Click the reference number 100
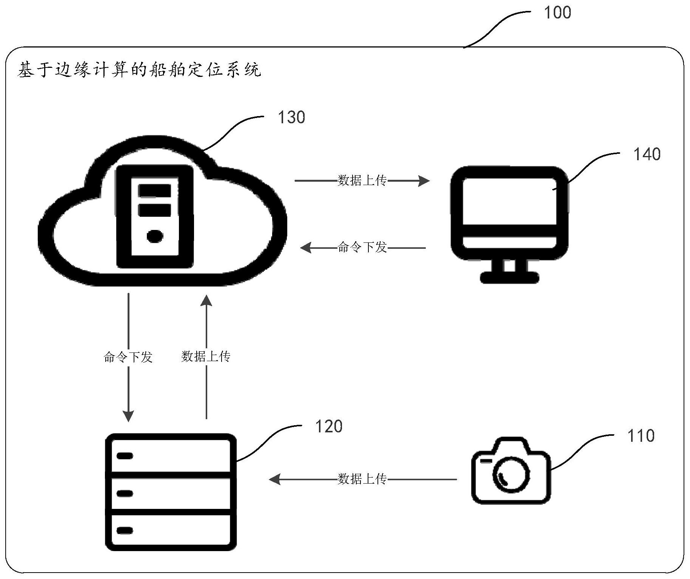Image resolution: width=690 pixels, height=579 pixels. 557,13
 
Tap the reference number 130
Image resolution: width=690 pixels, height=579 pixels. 291,118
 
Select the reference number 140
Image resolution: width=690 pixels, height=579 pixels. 647,155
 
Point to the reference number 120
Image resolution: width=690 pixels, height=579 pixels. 328,426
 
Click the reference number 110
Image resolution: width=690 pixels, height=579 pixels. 641,436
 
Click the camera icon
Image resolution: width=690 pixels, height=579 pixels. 511,471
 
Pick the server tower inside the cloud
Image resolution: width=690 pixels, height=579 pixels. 155,216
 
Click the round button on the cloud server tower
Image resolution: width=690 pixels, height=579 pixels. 155,237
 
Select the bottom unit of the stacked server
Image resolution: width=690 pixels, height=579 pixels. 171,530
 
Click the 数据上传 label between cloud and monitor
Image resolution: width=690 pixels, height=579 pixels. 362,181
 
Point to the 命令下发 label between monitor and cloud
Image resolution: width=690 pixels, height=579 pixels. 362,248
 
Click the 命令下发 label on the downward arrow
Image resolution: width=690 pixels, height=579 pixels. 128,357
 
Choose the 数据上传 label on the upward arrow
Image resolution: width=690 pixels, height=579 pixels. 206,356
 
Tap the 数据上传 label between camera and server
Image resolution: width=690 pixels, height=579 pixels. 362,479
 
